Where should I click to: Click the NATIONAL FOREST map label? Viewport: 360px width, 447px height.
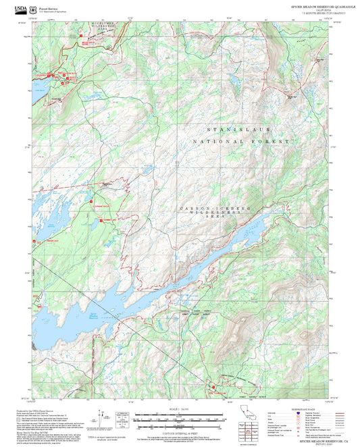point(240,142)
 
